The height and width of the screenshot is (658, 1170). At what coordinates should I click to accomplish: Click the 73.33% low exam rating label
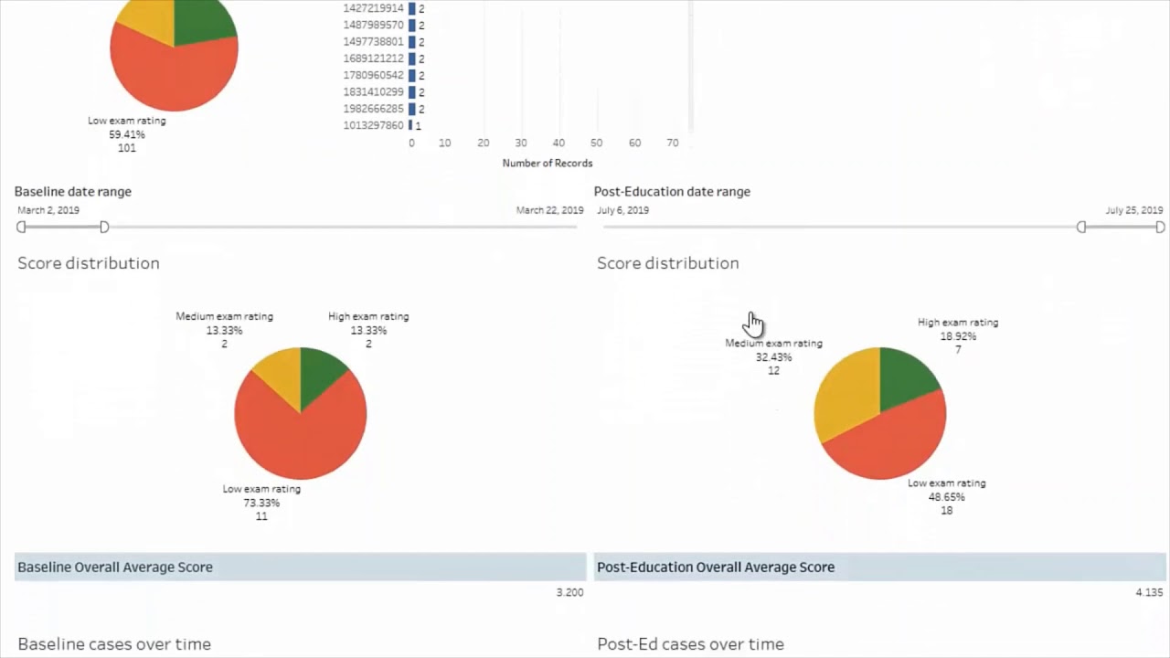(261, 503)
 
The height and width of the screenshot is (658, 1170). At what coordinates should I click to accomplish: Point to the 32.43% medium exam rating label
(773, 357)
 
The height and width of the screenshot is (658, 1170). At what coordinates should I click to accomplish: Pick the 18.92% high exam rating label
(958, 336)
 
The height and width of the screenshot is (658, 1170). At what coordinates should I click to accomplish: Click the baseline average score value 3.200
(569, 592)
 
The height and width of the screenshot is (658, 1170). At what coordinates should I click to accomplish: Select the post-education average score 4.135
(1149, 592)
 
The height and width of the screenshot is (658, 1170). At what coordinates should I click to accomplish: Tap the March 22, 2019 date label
(549, 210)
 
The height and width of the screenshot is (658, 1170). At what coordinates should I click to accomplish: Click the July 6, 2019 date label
(623, 210)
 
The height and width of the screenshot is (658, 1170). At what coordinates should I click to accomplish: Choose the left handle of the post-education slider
(1081, 227)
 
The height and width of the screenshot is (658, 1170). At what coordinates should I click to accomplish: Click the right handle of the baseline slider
(104, 227)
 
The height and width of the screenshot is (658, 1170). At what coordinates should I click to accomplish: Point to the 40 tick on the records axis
(558, 143)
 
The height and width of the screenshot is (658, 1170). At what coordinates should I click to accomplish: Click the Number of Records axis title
(548, 164)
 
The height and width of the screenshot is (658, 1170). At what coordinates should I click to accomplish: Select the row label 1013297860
(373, 125)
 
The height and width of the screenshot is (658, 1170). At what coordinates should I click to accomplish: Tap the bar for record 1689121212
(412, 58)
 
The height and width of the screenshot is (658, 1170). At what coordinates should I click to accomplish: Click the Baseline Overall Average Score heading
(115, 567)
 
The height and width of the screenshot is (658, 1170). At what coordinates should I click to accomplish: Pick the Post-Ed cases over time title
(690, 644)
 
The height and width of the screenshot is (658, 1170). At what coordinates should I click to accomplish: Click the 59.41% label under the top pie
(127, 134)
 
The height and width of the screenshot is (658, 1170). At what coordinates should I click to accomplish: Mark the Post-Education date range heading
(672, 192)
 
